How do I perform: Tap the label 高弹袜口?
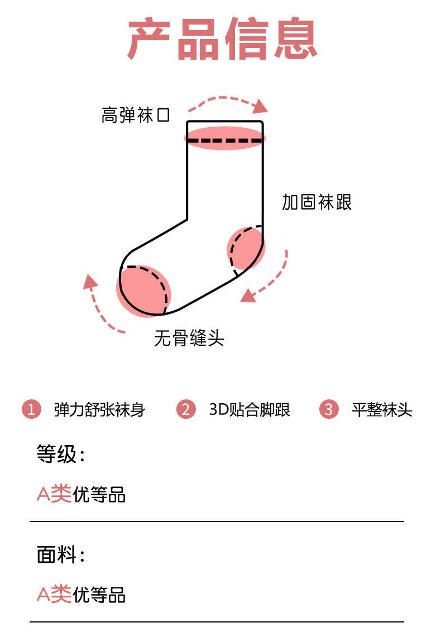pos(136,115)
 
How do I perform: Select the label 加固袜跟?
pos(317,202)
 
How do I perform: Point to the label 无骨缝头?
pos(189,338)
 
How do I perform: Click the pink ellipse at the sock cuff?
pos(225,138)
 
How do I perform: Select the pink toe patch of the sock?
pos(143,291)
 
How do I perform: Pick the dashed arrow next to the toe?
pos(100,305)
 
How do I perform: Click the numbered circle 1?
pos(32,409)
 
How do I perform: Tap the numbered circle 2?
pos(186,409)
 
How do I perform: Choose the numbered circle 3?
pos(329,409)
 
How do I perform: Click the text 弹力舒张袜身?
pos(99,409)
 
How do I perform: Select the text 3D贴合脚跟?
pos(250,409)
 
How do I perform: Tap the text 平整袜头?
pos(382,409)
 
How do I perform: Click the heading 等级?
pos(61,454)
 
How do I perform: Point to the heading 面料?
pos(61,555)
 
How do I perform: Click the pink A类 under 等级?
pos(54,494)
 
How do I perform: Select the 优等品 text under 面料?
pos(99,595)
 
